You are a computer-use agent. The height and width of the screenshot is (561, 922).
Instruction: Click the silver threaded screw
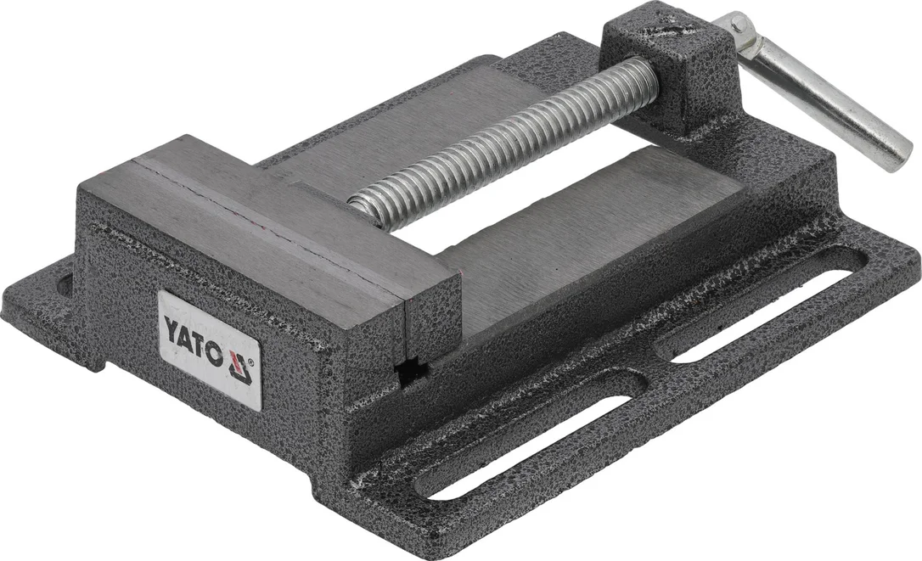point(503,141)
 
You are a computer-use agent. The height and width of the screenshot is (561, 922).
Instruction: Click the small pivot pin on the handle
point(739,25)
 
